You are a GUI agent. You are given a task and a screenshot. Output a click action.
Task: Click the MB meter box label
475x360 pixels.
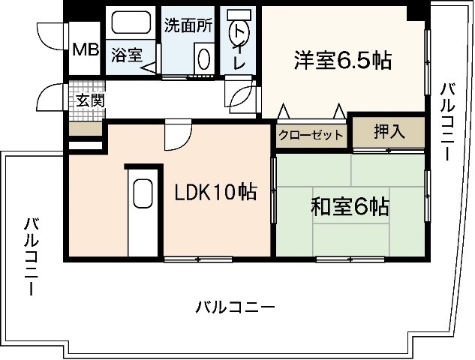(x=86, y=50)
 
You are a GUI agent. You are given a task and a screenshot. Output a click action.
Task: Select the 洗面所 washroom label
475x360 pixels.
(x=188, y=25)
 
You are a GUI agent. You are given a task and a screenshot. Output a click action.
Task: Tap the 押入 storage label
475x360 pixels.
(x=389, y=131)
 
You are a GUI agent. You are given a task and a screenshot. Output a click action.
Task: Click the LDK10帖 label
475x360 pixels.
(x=215, y=192)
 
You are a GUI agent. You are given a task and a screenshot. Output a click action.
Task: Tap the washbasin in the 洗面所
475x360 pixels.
(x=203, y=58)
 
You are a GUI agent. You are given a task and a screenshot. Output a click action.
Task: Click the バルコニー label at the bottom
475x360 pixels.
(x=235, y=307)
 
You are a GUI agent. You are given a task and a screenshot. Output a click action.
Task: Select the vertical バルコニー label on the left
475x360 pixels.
(x=32, y=256)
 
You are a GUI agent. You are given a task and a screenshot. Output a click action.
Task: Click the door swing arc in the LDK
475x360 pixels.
(x=177, y=136)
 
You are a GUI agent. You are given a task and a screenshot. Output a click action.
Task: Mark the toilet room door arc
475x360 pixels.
(x=242, y=96)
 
